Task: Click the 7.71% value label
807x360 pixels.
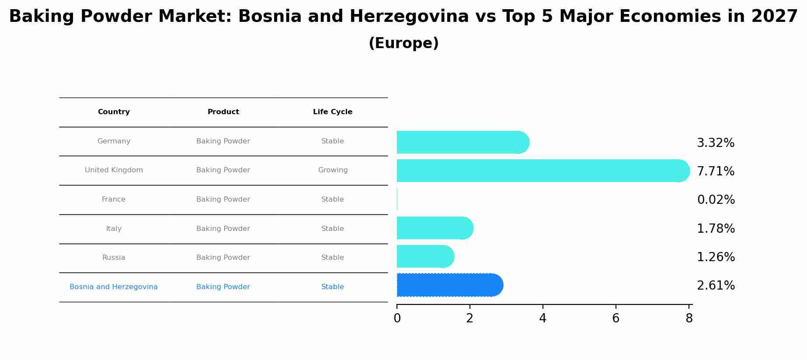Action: click(x=715, y=171)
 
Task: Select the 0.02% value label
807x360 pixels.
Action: click(x=716, y=200)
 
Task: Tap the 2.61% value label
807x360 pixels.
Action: click(x=716, y=286)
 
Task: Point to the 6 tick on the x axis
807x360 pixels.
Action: click(x=616, y=318)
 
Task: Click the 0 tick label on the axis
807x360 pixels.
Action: click(x=397, y=318)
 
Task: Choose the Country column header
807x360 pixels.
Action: click(x=114, y=112)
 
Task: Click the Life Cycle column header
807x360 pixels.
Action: click(x=333, y=112)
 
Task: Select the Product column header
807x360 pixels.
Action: click(x=223, y=112)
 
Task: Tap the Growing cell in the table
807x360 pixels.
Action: click(x=333, y=170)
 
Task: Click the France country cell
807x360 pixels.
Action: click(x=114, y=199)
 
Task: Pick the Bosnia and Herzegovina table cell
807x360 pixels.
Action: click(x=114, y=287)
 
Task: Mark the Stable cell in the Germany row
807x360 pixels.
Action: click(x=333, y=141)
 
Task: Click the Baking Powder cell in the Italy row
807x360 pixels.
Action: click(x=223, y=229)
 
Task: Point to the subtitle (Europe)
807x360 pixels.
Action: click(x=403, y=43)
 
